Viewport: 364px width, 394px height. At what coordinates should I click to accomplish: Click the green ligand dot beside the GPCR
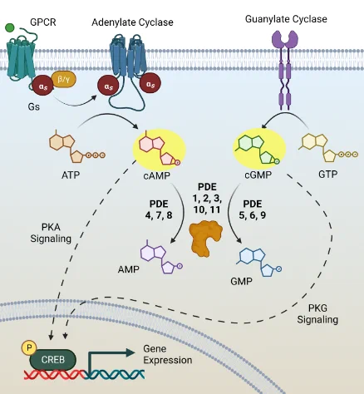point(10,27)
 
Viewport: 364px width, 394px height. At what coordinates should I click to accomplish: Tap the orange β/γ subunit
point(64,80)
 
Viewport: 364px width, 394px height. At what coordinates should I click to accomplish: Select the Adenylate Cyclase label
point(132,22)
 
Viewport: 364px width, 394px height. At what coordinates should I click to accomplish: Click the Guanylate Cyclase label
point(286,19)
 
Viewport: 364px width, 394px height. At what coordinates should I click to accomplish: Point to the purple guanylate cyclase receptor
point(285,70)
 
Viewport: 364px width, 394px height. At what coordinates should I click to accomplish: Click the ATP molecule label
point(71,175)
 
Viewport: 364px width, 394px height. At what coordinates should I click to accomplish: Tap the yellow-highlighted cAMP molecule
point(159,150)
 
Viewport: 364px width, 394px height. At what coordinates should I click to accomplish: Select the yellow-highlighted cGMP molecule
point(258,150)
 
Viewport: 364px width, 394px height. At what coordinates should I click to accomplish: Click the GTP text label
point(328,175)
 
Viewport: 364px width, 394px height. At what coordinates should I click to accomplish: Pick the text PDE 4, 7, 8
point(159,209)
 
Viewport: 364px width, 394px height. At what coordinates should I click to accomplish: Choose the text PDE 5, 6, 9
point(253,209)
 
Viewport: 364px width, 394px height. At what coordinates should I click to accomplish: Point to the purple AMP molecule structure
point(160,258)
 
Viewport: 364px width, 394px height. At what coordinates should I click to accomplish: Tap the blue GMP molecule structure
point(259,262)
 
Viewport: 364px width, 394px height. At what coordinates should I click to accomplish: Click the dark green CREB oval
point(52,360)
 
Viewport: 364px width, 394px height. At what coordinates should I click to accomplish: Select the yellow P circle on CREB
point(29,347)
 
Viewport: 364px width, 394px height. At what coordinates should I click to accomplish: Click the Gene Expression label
point(168,354)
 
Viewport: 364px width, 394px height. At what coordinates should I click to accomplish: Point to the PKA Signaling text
point(51,233)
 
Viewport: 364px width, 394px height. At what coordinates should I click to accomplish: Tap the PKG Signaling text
point(317,313)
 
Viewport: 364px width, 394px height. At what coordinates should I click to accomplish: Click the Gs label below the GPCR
point(33,106)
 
